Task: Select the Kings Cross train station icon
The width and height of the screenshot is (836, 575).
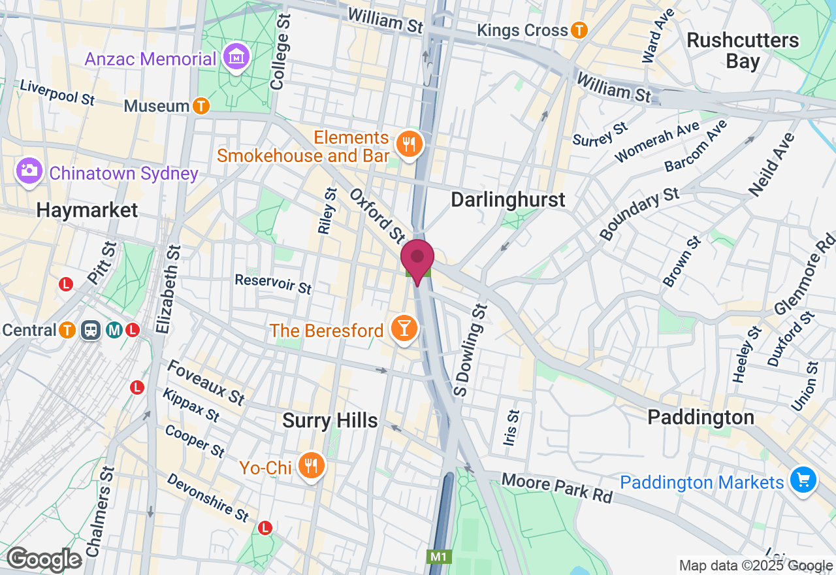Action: [579, 30]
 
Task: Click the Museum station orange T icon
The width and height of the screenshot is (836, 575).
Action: [202, 106]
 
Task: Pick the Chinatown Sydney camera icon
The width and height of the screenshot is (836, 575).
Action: [28, 172]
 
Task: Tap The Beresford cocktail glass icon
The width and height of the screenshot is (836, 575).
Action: [404, 329]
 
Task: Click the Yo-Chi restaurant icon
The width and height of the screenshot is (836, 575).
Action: [311, 467]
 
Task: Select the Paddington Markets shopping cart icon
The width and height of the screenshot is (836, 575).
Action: [803, 481]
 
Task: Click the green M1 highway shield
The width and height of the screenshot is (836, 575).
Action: [438, 557]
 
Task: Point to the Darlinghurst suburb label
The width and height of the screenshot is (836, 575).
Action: [508, 199]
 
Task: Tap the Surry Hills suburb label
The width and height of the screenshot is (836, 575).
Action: [330, 421]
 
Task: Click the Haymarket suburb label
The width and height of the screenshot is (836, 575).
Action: [87, 210]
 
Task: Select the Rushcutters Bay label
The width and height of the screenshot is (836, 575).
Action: [743, 51]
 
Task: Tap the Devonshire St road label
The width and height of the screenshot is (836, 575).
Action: [208, 497]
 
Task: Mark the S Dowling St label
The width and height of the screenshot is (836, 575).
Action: [470, 350]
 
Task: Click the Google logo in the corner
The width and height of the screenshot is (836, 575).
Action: [44, 559]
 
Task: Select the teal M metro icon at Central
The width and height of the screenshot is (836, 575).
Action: [114, 331]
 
